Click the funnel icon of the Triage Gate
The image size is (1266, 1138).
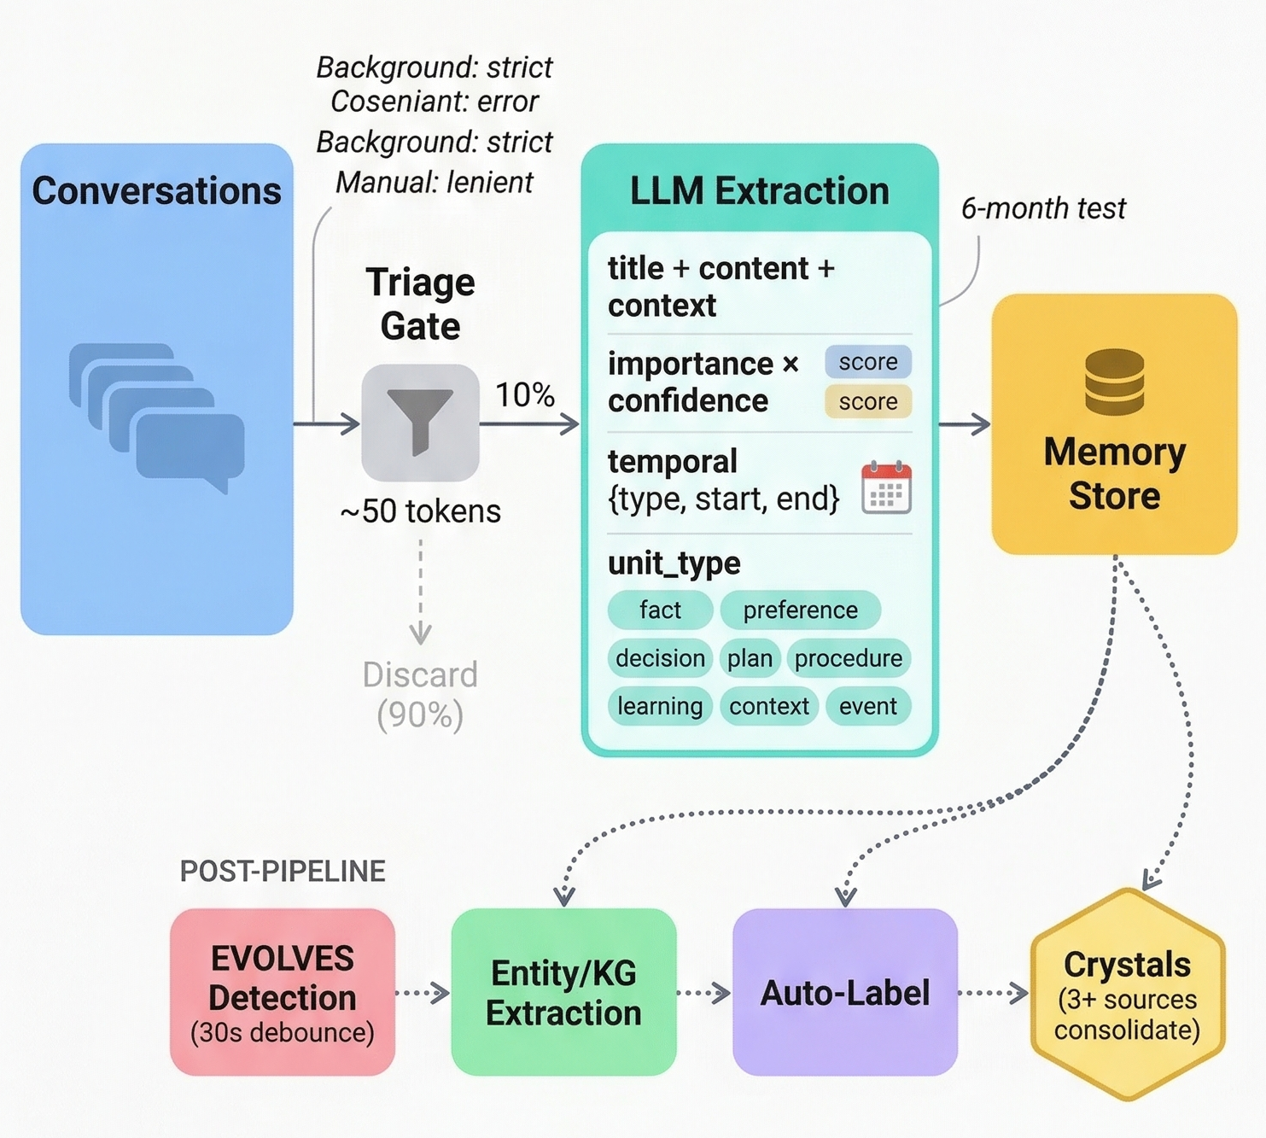tap(420, 423)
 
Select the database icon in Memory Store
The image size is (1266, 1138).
tap(1114, 382)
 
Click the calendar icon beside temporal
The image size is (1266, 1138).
tap(886, 487)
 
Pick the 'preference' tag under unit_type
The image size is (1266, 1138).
tap(800, 610)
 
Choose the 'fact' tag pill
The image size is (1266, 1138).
tap(660, 610)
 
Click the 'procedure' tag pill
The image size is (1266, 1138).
tap(848, 658)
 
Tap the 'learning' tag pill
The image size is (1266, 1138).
tap(660, 707)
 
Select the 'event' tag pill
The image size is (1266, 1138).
tap(867, 707)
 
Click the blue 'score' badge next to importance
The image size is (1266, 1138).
tap(867, 362)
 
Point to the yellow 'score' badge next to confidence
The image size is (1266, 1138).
tap(867, 401)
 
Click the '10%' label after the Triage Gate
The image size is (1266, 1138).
tap(525, 394)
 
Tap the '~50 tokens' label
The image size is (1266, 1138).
tap(420, 511)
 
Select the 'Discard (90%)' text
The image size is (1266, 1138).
tap(420, 694)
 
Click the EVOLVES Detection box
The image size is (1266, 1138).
tap(283, 992)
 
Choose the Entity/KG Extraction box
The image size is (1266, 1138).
tap(563, 992)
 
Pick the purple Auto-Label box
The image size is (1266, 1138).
tap(845, 992)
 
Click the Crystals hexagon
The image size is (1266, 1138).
tap(1127, 995)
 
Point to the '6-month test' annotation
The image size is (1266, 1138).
tap(1043, 208)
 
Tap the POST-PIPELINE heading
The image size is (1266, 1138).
tap(283, 871)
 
